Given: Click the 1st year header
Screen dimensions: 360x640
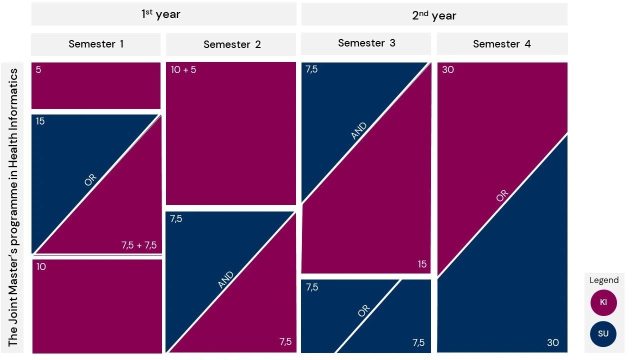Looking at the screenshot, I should point(160,14).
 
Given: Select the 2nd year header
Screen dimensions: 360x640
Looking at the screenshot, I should point(434,15).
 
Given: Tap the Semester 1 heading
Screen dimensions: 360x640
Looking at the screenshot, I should point(96,44).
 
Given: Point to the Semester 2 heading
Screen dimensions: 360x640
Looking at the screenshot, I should point(232,44).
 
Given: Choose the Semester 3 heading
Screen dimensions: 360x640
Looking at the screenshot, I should point(366,43).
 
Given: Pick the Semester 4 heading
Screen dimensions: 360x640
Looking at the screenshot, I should point(502,44).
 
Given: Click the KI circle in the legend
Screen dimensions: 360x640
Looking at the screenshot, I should point(603,302).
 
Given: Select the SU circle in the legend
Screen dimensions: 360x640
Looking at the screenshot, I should point(603,333).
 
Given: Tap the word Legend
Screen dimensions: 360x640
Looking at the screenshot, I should point(604,280).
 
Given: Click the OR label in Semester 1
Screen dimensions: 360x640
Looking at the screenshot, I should point(90,180).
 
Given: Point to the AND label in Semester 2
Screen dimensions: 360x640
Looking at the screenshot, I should point(226,280).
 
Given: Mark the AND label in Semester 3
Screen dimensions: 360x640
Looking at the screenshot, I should point(359,131).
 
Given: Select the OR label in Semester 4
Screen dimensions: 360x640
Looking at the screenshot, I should point(502,196).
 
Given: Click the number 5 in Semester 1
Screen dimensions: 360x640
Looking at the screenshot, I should point(38,70).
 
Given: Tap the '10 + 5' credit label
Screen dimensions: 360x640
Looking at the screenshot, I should point(183,70).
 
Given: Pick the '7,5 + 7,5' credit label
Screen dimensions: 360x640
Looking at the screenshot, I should point(139,245).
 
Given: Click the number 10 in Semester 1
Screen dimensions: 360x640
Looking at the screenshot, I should point(41,267).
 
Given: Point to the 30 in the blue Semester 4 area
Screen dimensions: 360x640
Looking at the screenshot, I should point(552,343).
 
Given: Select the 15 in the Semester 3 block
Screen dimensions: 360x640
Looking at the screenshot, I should point(422,264).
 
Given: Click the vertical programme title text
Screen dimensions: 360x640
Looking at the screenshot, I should point(13,207).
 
